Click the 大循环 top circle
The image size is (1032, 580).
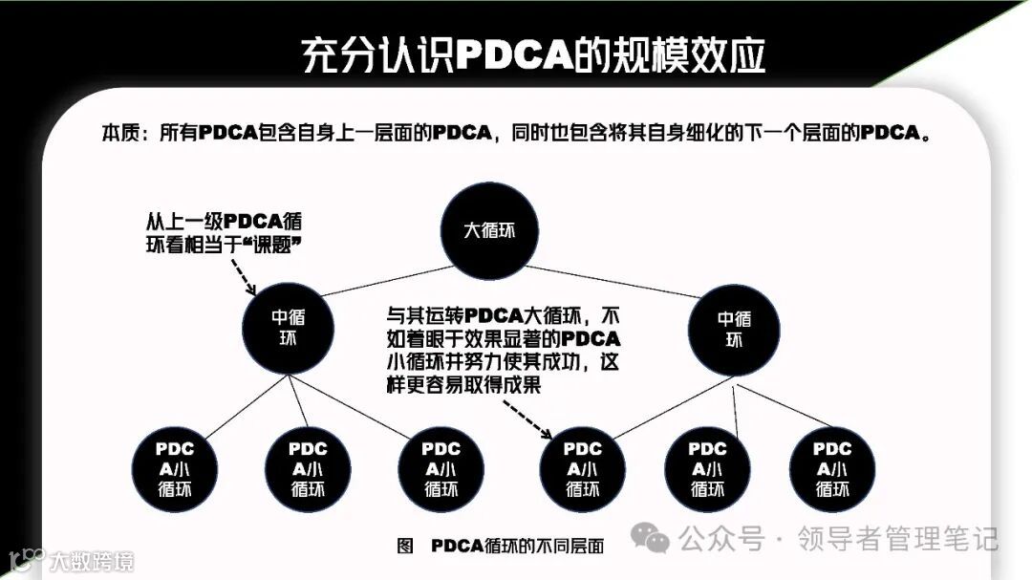coord(488,231)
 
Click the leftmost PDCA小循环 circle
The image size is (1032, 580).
coord(175,468)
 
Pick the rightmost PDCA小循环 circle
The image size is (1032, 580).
coord(832,468)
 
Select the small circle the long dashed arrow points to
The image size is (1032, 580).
coord(583,468)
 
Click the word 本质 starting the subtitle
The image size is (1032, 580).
coord(123,133)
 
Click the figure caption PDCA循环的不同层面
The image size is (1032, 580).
coord(518,546)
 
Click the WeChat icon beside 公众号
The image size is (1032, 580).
coord(656,540)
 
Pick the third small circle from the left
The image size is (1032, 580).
coord(441,468)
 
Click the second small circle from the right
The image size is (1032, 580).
coord(707,468)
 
